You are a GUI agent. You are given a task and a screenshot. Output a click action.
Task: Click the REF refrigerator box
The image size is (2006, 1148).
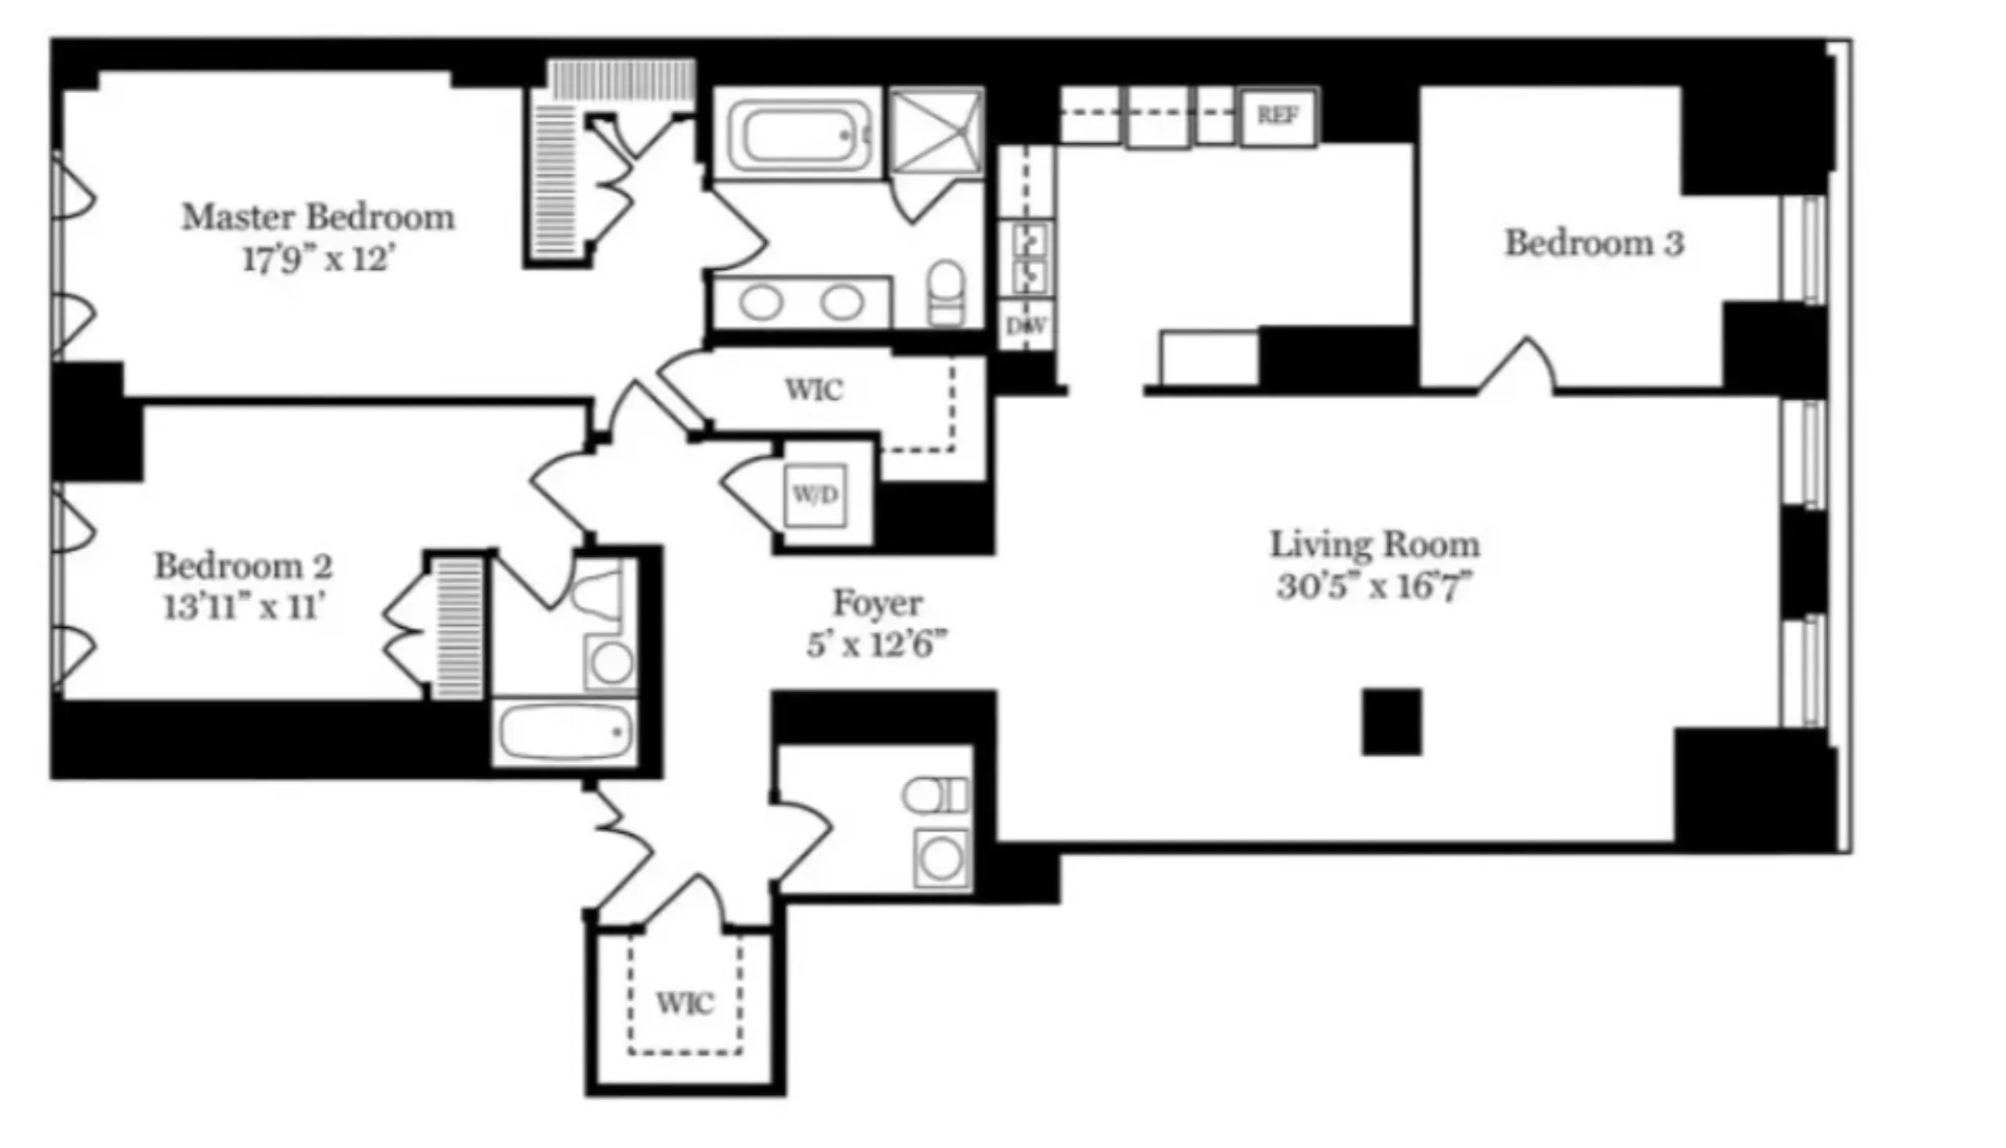click(1277, 117)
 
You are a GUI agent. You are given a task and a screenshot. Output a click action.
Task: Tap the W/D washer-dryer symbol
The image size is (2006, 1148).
click(816, 495)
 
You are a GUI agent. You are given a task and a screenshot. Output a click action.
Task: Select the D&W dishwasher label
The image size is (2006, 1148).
click(1026, 325)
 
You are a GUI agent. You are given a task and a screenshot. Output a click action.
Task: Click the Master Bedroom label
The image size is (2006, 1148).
click(318, 217)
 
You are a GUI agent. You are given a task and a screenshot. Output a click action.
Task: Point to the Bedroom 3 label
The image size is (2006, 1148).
click(1594, 243)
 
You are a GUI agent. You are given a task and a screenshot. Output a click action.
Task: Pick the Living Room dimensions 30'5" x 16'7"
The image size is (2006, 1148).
click(1374, 587)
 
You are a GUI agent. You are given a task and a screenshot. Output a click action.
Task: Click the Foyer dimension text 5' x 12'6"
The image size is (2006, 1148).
click(876, 646)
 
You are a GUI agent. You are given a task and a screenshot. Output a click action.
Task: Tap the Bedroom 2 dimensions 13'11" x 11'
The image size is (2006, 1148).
click(244, 608)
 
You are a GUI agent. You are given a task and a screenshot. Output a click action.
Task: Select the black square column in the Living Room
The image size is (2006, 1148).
click(1392, 722)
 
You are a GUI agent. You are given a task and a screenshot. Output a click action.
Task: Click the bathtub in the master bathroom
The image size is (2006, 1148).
click(797, 134)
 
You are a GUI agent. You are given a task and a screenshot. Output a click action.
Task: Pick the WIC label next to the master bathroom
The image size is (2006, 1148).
click(814, 389)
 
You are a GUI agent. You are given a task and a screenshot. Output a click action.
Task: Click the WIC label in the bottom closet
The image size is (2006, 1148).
click(684, 1003)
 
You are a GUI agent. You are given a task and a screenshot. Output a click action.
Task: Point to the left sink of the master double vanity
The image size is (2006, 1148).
click(761, 303)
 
